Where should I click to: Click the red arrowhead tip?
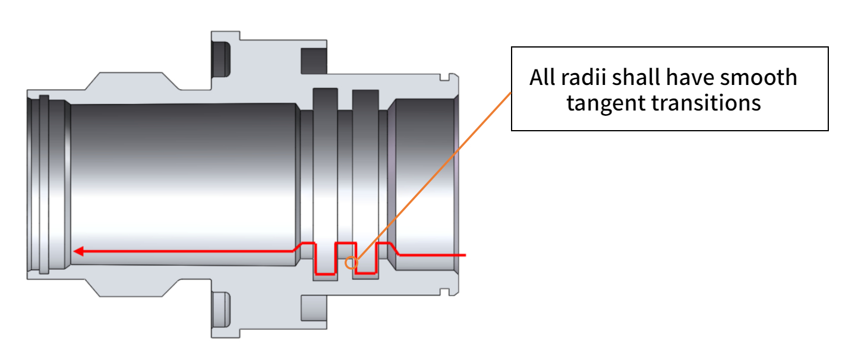click(73, 251)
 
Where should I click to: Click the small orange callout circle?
click(351, 263)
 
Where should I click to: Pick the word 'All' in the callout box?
click(542, 77)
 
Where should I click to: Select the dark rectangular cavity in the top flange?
click(314, 61)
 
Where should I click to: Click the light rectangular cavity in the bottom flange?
click(314, 308)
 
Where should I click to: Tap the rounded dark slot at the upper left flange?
click(221, 59)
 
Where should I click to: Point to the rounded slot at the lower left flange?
click(221, 310)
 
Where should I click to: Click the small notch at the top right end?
click(444, 77)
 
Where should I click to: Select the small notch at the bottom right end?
click(444, 292)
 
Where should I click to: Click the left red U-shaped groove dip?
click(325, 274)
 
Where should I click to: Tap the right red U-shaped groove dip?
click(366, 273)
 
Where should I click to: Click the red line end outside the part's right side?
click(465, 255)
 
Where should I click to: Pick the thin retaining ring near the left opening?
click(44, 184)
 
